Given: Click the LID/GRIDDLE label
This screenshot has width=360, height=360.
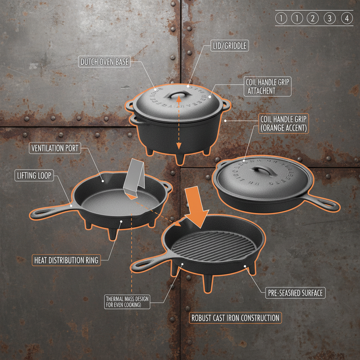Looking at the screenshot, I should point(230,45).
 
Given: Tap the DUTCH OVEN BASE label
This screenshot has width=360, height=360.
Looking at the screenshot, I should point(104,62).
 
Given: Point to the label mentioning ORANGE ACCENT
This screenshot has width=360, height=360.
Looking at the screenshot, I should point(283,123).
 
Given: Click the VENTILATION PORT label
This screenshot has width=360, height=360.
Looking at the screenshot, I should point(55,148).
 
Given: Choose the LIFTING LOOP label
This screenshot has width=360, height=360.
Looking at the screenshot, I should point(34,175).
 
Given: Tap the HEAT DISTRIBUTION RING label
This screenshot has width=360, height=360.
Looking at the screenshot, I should point(66,260).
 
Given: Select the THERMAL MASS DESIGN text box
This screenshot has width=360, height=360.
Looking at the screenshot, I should point(127,302).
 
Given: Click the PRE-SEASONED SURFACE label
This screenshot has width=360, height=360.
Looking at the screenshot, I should point(295,292).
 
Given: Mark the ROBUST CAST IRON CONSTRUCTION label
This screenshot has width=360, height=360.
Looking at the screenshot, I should point(235,318).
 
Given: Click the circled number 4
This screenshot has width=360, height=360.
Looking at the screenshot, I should point(347,19).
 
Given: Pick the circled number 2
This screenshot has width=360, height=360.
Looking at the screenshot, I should point(312,19).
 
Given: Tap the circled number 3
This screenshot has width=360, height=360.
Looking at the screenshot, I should point(329,19).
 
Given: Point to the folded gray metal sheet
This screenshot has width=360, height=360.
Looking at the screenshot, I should point(135,179).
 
